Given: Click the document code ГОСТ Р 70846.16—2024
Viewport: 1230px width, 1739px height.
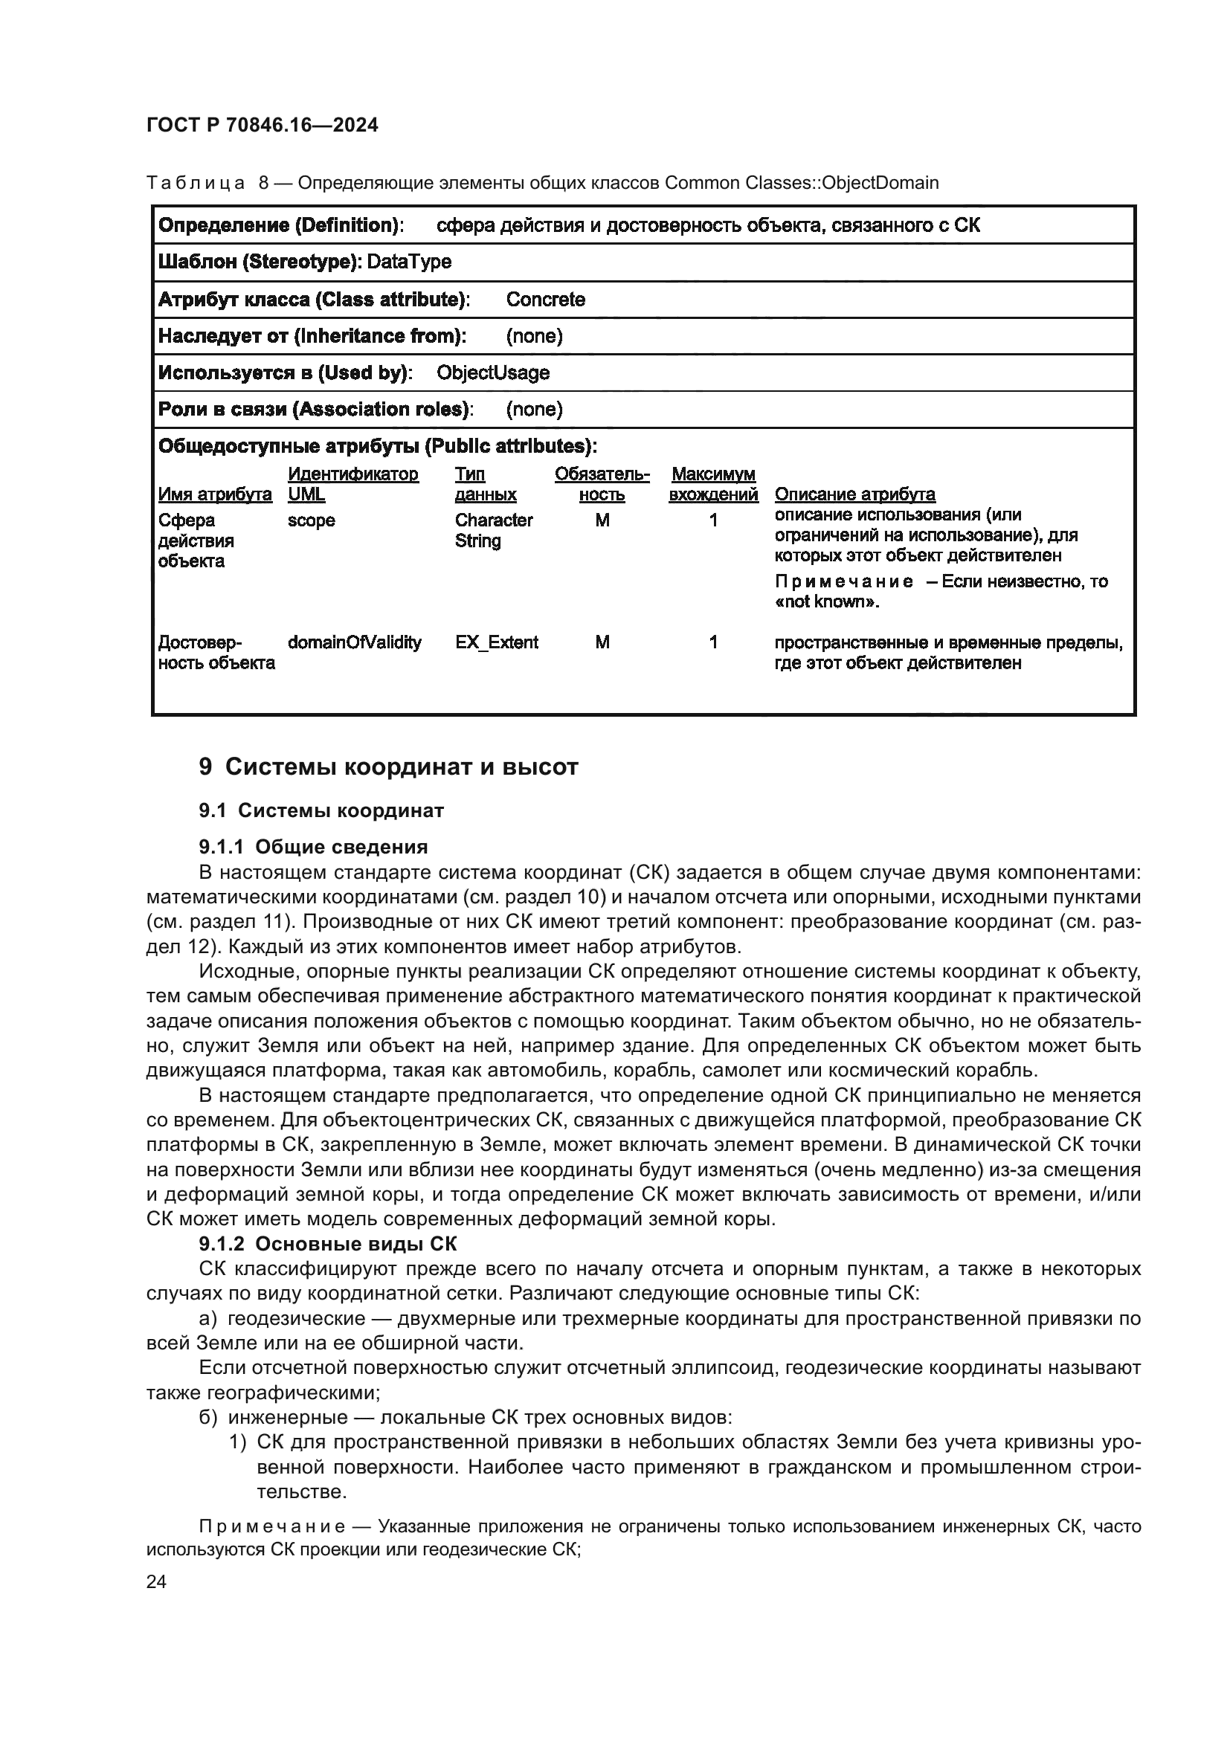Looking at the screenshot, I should click(262, 126).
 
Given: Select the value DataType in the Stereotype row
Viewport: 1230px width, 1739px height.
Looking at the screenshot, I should click(409, 262).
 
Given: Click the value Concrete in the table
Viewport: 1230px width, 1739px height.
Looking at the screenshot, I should click(545, 299).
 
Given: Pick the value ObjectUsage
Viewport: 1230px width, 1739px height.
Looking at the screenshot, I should click(493, 372).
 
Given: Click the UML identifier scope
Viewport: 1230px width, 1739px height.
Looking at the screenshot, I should click(312, 520).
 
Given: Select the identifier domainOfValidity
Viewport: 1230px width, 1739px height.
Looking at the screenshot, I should click(355, 642).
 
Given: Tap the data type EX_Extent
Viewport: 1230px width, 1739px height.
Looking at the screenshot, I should click(497, 642).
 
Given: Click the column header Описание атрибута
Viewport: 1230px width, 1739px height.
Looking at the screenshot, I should click(854, 494).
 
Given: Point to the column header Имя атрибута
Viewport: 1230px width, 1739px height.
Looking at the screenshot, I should click(215, 494).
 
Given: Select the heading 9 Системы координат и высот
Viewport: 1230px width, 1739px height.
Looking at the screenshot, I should click(387, 767).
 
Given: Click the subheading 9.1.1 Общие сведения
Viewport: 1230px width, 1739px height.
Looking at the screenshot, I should click(313, 847).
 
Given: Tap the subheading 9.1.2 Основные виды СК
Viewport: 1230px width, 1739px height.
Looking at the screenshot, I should click(328, 1244).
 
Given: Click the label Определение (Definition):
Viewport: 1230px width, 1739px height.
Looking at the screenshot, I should click(280, 225).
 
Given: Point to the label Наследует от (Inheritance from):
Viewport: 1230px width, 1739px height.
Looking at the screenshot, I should click(312, 335).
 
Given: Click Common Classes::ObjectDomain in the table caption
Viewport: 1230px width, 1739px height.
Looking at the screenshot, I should click(802, 184).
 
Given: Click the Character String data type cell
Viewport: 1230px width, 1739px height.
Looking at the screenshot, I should click(493, 530).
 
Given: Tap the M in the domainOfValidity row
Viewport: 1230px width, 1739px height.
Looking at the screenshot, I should click(602, 642).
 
